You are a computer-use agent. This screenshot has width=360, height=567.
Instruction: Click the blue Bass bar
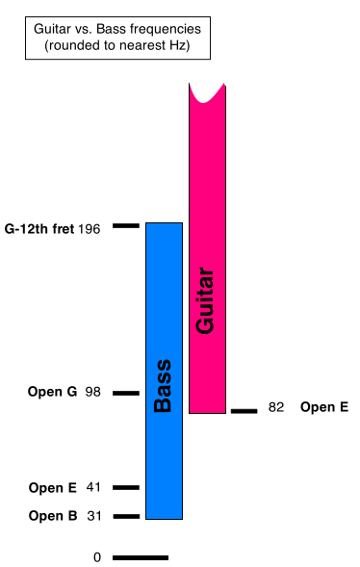click(x=164, y=371)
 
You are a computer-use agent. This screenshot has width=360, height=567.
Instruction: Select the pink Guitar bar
click(x=208, y=249)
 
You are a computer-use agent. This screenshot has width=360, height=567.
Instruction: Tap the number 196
click(x=90, y=229)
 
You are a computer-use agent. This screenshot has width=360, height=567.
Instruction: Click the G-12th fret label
click(x=39, y=229)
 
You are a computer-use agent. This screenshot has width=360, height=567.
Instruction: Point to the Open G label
click(x=52, y=392)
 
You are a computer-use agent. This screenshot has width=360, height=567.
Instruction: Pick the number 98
click(x=93, y=392)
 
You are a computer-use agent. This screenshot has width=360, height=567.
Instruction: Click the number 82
click(x=276, y=407)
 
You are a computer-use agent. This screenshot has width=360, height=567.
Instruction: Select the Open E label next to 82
click(x=324, y=407)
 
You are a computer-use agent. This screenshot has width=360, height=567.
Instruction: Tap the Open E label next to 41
click(x=53, y=488)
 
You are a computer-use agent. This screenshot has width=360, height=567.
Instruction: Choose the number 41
click(x=93, y=487)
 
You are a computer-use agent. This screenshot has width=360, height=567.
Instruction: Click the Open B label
click(x=53, y=516)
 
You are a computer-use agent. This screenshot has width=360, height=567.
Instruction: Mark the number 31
click(x=94, y=516)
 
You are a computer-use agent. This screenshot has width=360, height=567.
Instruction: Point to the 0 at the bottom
click(x=97, y=557)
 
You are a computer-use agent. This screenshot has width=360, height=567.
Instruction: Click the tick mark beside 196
click(x=126, y=225)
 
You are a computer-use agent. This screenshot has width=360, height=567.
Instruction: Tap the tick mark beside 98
click(x=126, y=393)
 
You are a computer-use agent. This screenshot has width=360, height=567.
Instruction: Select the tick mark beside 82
click(x=244, y=411)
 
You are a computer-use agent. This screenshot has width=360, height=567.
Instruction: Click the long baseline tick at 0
click(x=141, y=558)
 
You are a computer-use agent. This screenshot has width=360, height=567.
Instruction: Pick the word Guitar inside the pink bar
click(x=205, y=300)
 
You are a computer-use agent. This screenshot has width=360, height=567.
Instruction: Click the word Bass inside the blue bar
click(x=163, y=386)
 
